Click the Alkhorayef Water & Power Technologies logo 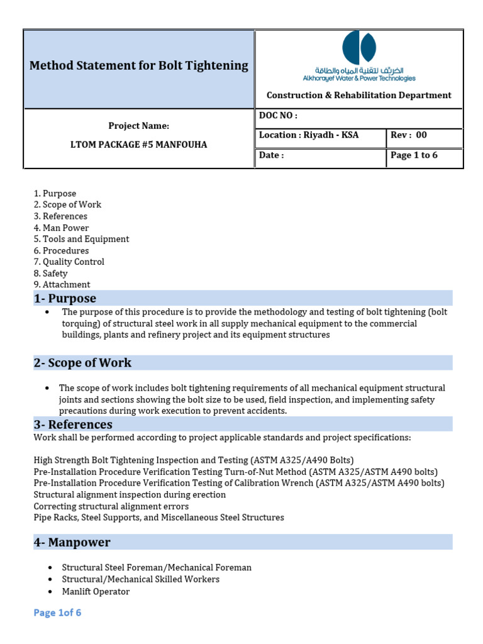[x=359, y=57]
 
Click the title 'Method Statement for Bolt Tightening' [x=139, y=65]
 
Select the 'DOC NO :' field [x=278, y=116]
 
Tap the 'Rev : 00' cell [x=409, y=135]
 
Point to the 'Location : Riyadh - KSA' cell [x=309, y=135]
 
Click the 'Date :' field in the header [x=272, y=155]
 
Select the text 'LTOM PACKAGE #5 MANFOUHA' [x=138, y=145]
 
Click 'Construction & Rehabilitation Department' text [x=359, y=96]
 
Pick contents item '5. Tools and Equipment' [x=81, y=239]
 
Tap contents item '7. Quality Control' [x=69, y=262]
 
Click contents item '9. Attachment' [x=62, y=284]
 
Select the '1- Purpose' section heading [x=65, y=298]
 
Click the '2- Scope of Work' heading [x=82, y=363]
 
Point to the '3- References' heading [x=73, y=425]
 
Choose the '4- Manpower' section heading [x=72, y=542]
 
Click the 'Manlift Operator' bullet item [x=96, y=591]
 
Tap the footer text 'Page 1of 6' [x=57, y=613]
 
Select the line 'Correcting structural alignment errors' [x=111, y=506]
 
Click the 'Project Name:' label [x=138, y=126]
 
